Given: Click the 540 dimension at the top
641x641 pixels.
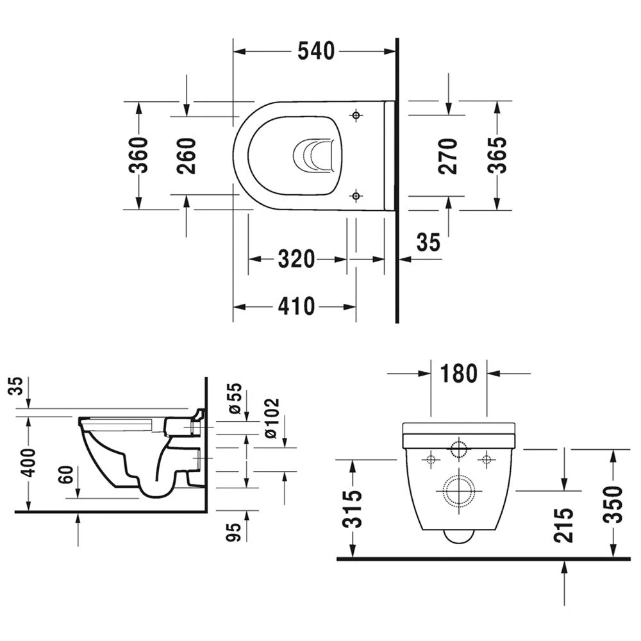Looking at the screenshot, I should (x=316, y=51).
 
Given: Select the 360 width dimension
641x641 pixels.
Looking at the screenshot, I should (x=138, y=155).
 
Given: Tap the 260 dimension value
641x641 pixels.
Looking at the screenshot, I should (x=187, y=156).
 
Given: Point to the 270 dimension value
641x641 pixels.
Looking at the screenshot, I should (x=449, y=156).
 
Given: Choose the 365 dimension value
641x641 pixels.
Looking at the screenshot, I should (x=497, y=155).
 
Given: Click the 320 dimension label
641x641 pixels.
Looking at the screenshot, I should (x=296, y=260).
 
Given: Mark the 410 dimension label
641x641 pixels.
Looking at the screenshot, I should (x=296, y=306).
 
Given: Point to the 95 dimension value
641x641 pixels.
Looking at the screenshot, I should (x=235, y=531).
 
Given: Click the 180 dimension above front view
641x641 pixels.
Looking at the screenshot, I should (x=459, y=373).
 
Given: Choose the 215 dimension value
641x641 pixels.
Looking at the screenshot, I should (x=563, y=525).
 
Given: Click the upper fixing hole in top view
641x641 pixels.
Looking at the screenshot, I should (x=356, y=115).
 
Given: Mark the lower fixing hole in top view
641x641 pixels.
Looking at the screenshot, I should (x=356, y=196).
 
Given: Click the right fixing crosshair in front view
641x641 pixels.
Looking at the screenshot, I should (x=487, y=458).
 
